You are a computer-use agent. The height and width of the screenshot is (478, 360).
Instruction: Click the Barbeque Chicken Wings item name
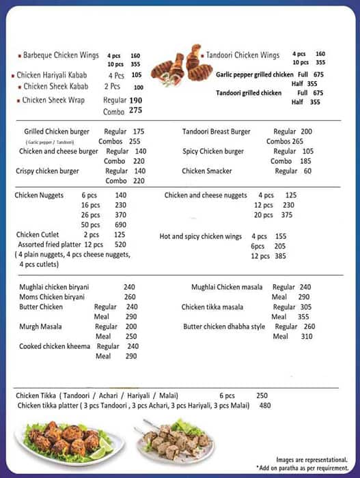tap(61, 55)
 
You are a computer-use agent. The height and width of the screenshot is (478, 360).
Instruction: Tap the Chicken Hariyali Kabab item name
tap(60, 75)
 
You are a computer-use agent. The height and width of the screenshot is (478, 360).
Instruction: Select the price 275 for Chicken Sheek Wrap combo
tap(135, 111)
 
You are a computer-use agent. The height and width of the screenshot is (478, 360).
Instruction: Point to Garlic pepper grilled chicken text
tap(255, 75)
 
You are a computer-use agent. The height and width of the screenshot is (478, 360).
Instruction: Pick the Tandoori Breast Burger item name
tap(216, 132)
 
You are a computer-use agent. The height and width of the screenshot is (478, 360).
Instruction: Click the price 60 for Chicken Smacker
tap(307, 171)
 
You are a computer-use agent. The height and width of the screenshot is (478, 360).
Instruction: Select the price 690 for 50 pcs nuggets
tap(121, 225)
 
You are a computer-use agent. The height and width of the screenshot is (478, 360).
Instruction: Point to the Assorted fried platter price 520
tap(120, 244)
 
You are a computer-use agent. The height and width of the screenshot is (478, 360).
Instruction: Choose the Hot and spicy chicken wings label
tap(201, 236)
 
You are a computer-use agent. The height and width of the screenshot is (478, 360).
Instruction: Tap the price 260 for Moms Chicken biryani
tap(130, 297)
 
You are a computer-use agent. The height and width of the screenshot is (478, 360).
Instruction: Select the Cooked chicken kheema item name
tap(55, 346)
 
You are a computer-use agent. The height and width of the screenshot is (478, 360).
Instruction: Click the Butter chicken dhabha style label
tap(224, 326)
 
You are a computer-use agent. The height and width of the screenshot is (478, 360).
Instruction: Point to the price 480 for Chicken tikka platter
tap(264, 406)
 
